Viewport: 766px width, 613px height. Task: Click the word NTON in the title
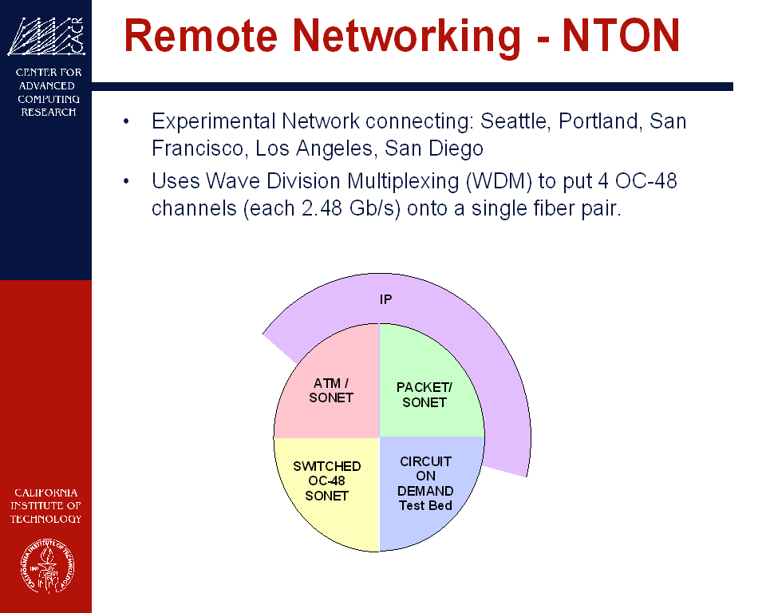(621, 35)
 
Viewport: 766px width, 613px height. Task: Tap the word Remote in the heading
(201, 35)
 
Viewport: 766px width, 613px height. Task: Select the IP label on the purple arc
(386, 299)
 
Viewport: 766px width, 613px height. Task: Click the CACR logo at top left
(46, 36)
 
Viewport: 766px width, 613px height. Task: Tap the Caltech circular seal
(47, 566)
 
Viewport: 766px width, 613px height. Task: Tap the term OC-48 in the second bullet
(646, 181)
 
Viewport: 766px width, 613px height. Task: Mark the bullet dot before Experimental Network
(126, 121)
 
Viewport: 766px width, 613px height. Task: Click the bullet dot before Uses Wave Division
(126, 181)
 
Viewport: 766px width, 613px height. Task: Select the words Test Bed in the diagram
(425, 505)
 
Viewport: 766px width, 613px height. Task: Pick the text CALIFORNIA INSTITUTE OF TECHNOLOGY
(46, 505)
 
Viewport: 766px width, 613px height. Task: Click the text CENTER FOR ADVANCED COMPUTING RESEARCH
(49, 92)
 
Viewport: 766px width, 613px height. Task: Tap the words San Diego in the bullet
(434, 148)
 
